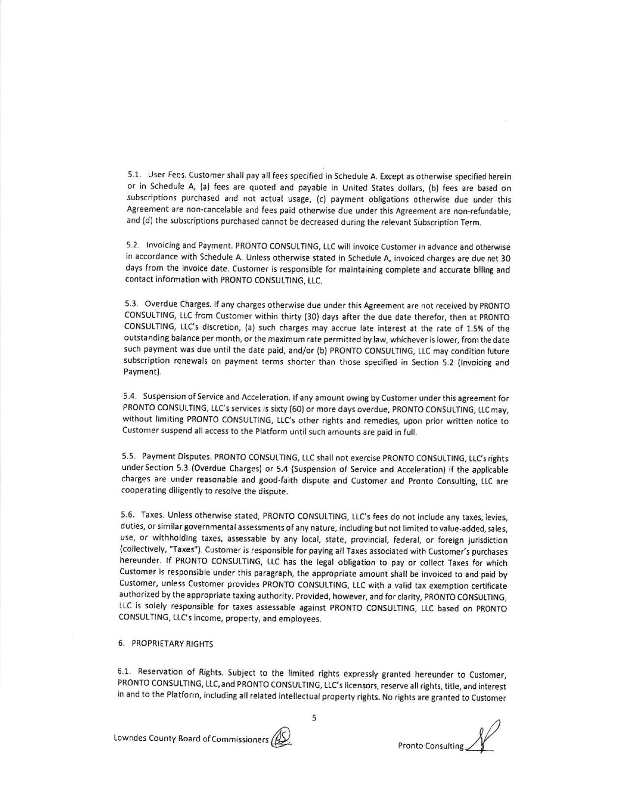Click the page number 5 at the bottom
tap(314, 718)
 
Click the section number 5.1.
tap(134, 174)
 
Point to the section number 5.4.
tap(129, 396)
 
